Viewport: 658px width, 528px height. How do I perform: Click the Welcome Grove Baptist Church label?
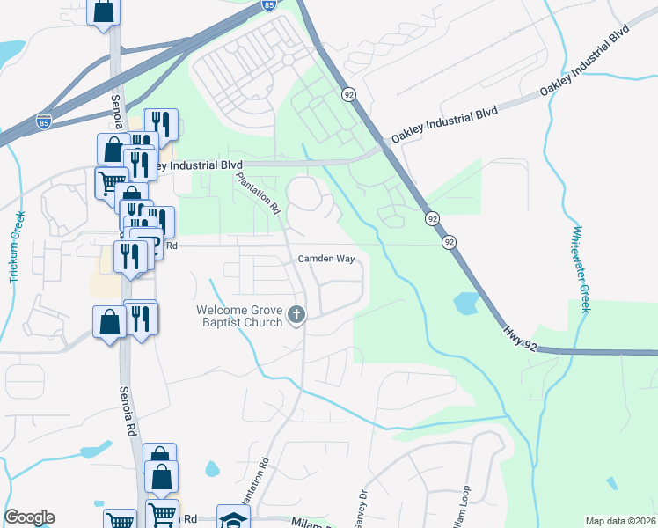tap(239, 316)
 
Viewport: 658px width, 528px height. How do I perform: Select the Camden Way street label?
tap(325, 260)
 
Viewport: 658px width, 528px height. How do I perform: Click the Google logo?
tap(29, 517)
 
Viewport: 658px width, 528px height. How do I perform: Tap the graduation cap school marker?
tap(234, 519)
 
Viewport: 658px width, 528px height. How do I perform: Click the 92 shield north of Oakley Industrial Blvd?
tap(349, 94)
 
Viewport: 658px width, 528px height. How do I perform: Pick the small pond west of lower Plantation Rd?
tap(212, 469)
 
